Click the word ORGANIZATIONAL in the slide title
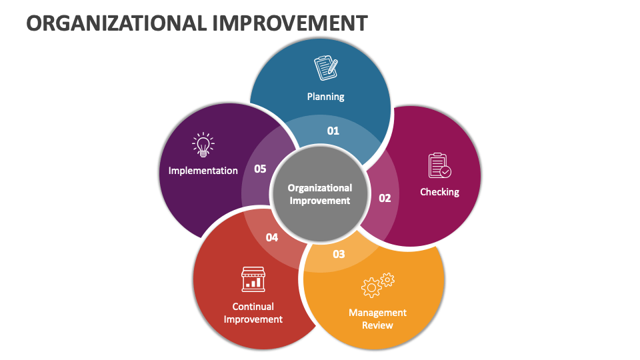click(x=115, y=23)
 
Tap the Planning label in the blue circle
click(x=325, y=97)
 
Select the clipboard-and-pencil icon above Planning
click(x=325, y=68)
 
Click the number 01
click(x=333, y=131)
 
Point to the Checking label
click(x=439, y=192)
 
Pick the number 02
click(x=385, y=198)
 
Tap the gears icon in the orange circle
click(x=377, y=285)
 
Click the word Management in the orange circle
click(x=377, y=313)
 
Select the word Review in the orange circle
click(x=377, y=325)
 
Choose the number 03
click(x=339, y=254)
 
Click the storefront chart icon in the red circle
click(x=253, y=279)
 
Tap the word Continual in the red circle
click(x=253, y=307)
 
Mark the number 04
click(x=272, y=237)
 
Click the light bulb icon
click(x=203, y=145)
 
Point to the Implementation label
click(x=203, y=171)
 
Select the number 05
click(x=260, y=169)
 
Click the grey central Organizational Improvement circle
click(x=319, y=194)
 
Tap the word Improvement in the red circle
click(x=253, y=319)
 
